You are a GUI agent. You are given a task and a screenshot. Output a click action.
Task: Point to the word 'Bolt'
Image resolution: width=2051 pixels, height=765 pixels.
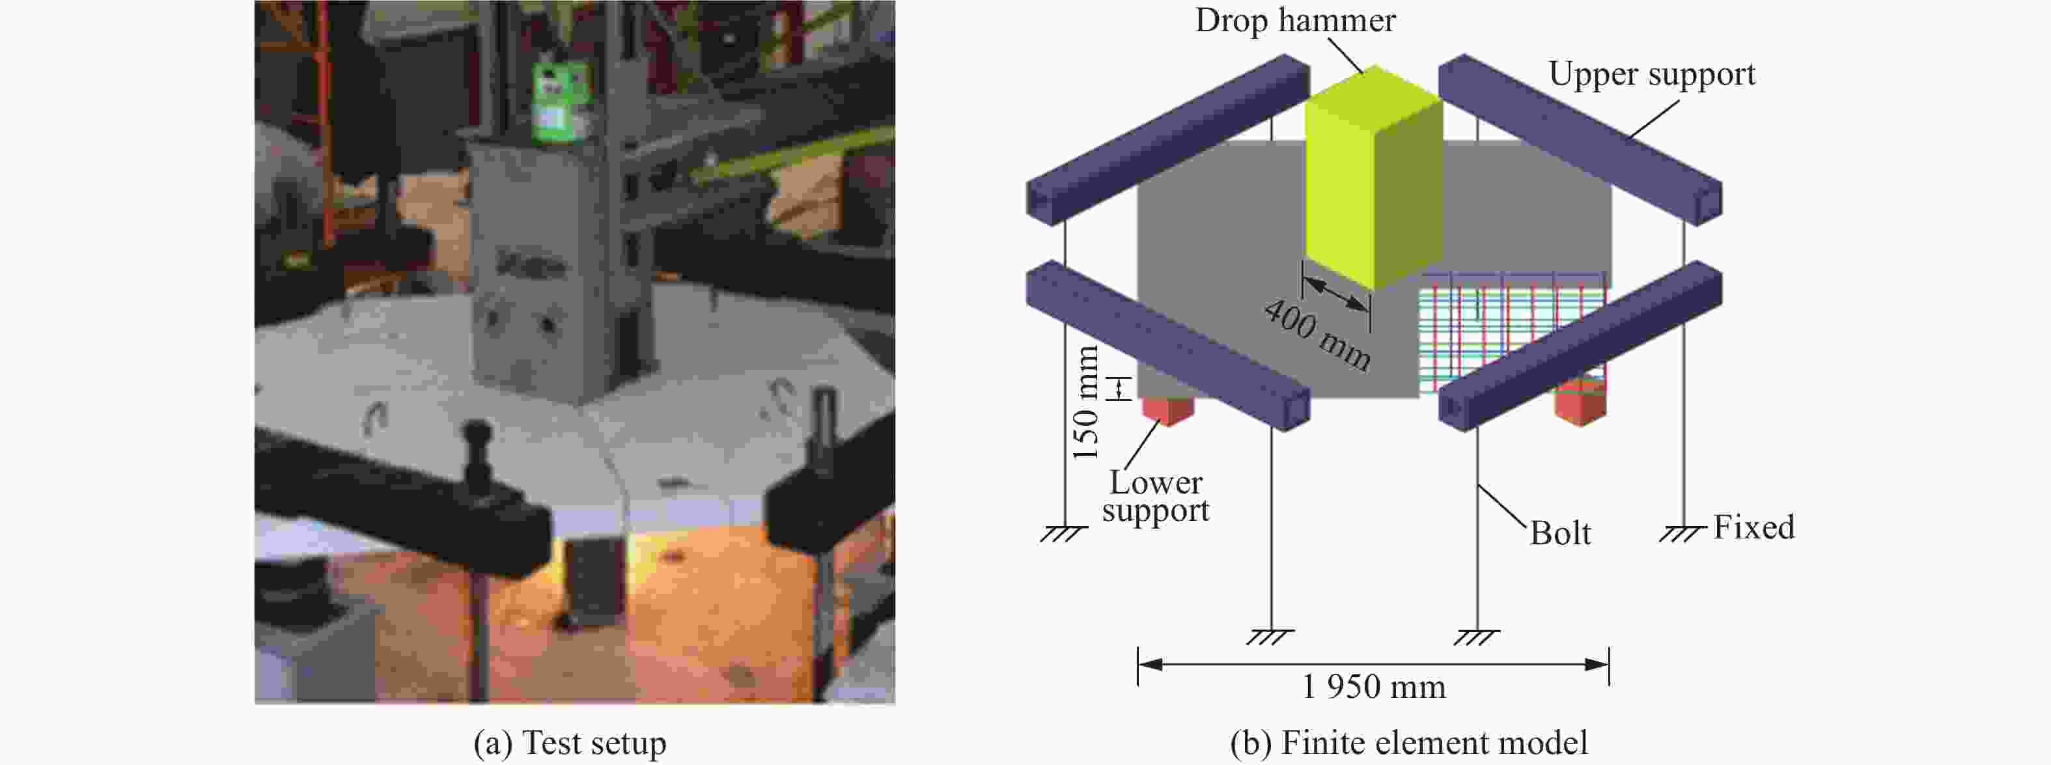tap(1560, 533)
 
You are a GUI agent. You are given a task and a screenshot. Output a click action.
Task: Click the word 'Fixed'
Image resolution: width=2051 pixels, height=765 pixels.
tap(1753, 527)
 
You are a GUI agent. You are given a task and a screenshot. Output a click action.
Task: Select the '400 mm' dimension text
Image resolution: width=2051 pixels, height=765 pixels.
tap(1318, 335)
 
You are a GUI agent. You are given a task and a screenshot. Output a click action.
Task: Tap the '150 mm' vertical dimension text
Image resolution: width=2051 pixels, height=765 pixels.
tap(1086, 403)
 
